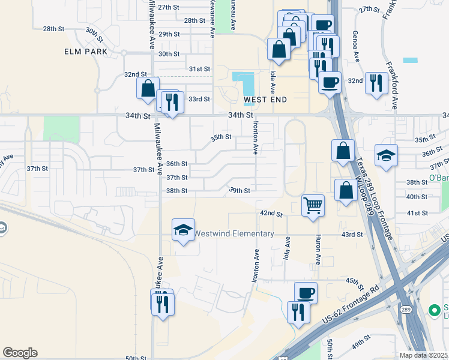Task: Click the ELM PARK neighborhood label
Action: pyautogui.click(x=86, y=52)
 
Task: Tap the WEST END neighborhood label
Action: pyautogui.click(x=265, y=99)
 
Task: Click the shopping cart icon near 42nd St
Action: pyautogui.click(x=313, y=206)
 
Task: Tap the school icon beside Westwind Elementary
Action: pyautogui.click(x=183, y=230)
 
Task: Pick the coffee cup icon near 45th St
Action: pyautogui.click(x=306, y=293)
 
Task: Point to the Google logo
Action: pyautogui.click(x=20, y=353)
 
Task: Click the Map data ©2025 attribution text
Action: pyautogui.click(x=423, y=355)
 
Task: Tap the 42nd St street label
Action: pyautogui.click(x=271, y=213)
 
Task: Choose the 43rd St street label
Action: pyautogui.click(x=352, y=235)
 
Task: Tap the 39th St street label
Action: pyautogui.click(x=239, y=191)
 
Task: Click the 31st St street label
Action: pyautogui.click(x=199, y=69)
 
